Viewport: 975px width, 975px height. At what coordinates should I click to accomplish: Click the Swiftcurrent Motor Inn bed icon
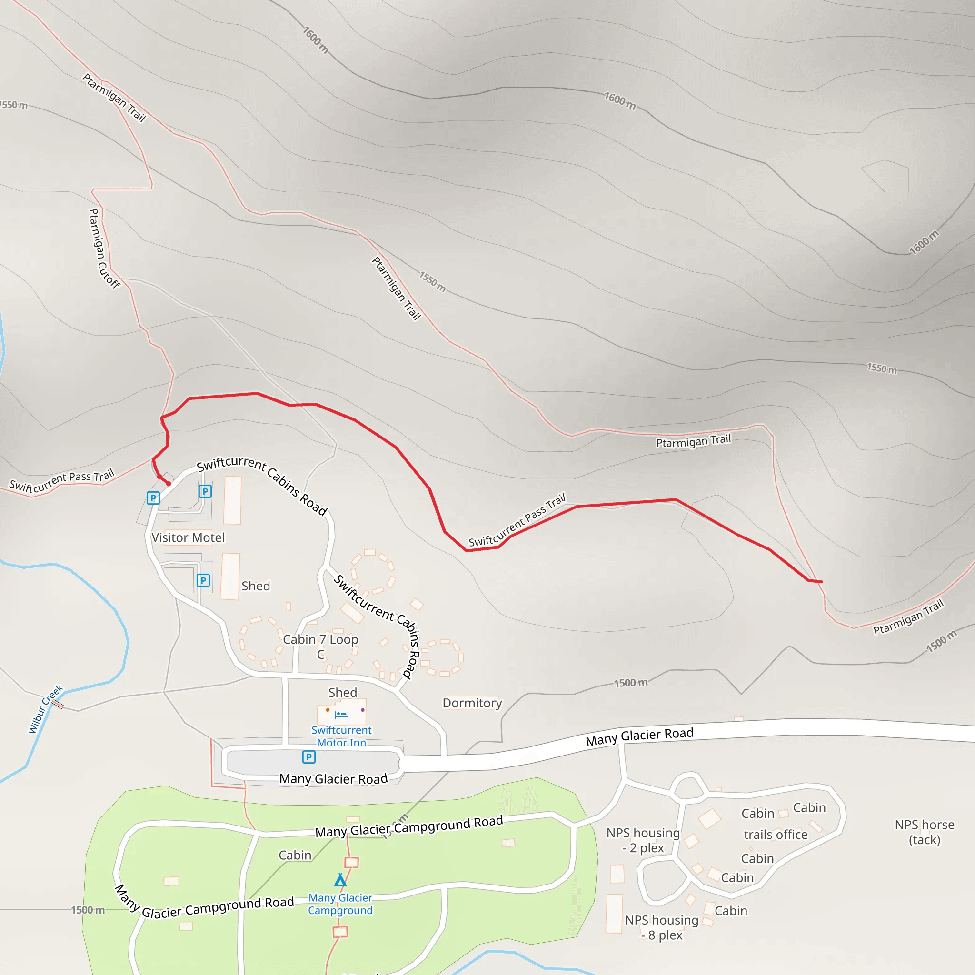(342, 715)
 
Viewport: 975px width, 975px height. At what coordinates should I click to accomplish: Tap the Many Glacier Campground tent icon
(340, 880)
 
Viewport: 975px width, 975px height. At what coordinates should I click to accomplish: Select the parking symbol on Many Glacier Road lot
(309, 757)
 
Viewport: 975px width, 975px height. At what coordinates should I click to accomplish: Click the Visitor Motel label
(188, 537)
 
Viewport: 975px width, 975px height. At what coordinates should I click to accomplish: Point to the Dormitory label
(472, 703)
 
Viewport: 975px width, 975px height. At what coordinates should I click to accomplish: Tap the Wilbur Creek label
(45, 708)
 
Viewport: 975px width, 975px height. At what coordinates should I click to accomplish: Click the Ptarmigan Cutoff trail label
(104, 249)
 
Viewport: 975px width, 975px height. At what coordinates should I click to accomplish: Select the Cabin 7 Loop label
(320, 640)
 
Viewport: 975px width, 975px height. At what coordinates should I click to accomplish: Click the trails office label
(775, 835)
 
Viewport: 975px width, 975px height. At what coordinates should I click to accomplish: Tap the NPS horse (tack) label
(924, 832)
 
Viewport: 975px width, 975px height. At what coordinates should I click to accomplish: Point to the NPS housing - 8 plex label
(661, 927)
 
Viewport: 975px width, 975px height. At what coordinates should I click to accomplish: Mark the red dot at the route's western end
(169, 484)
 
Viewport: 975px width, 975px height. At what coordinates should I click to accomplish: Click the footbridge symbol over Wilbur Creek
(58, 704)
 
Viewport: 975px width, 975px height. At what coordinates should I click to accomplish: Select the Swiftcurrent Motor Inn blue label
(341, 736)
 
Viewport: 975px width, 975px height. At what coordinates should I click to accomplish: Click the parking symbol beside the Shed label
(203, 580)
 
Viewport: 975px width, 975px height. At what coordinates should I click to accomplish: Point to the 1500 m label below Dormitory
(630, 683)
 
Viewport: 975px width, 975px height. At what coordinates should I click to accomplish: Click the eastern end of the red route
(822, 582)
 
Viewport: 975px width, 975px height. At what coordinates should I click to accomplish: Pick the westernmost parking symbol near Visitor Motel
(153, 498)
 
